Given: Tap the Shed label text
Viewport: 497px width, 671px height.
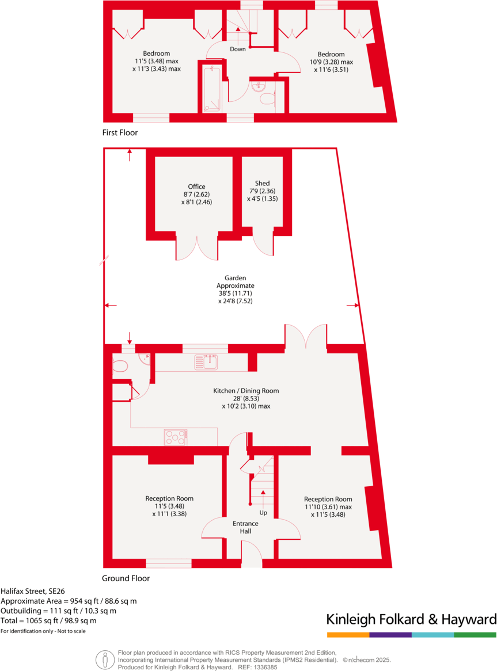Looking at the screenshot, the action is [262, 184].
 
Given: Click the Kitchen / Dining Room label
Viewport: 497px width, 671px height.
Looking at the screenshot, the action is [246, 391].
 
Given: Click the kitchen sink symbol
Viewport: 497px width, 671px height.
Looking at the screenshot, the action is [206, 362].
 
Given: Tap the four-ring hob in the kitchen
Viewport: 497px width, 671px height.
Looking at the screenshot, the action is [176, 438].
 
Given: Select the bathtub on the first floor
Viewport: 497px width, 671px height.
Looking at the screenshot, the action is [211, 89].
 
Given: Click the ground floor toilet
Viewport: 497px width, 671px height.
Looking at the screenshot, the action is [120, 367].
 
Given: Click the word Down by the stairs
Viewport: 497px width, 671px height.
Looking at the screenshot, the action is [237, 49].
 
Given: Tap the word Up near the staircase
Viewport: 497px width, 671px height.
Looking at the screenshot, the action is [263, 512].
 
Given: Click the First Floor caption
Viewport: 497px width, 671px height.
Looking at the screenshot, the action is [120, 132].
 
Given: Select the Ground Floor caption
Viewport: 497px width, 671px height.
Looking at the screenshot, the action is [126, 578].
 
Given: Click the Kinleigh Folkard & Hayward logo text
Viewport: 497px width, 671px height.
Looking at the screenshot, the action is [411, 619].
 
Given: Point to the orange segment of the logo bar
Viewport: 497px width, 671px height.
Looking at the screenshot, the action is [348, 635].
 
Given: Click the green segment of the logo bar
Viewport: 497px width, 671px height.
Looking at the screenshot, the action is [475, 635].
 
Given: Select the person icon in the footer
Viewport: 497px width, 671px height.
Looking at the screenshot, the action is [105, 659].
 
